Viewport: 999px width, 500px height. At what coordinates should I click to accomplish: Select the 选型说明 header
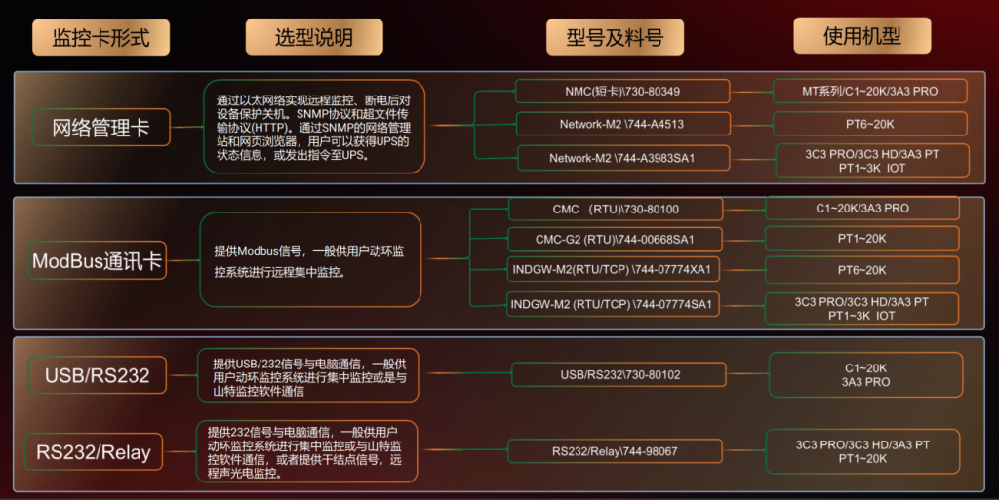coord(313,37)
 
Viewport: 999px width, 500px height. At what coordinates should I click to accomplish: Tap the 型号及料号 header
coord(615,37)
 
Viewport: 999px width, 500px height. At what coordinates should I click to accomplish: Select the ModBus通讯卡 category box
coord(98,261)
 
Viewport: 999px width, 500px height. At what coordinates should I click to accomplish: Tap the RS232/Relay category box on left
coord(95,452)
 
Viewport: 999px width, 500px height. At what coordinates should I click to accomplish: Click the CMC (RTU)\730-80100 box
coord(616,209)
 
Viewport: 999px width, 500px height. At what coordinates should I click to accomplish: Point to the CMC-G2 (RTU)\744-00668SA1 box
coord(616,239)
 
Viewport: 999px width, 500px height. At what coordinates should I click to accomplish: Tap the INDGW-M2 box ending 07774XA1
coord(616,270)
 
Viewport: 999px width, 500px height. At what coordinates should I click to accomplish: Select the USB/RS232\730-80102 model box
coord(619,374)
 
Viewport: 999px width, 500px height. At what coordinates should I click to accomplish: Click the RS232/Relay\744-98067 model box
coord(616,451)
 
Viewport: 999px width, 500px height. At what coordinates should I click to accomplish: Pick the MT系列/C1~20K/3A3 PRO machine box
coord(869,92)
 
